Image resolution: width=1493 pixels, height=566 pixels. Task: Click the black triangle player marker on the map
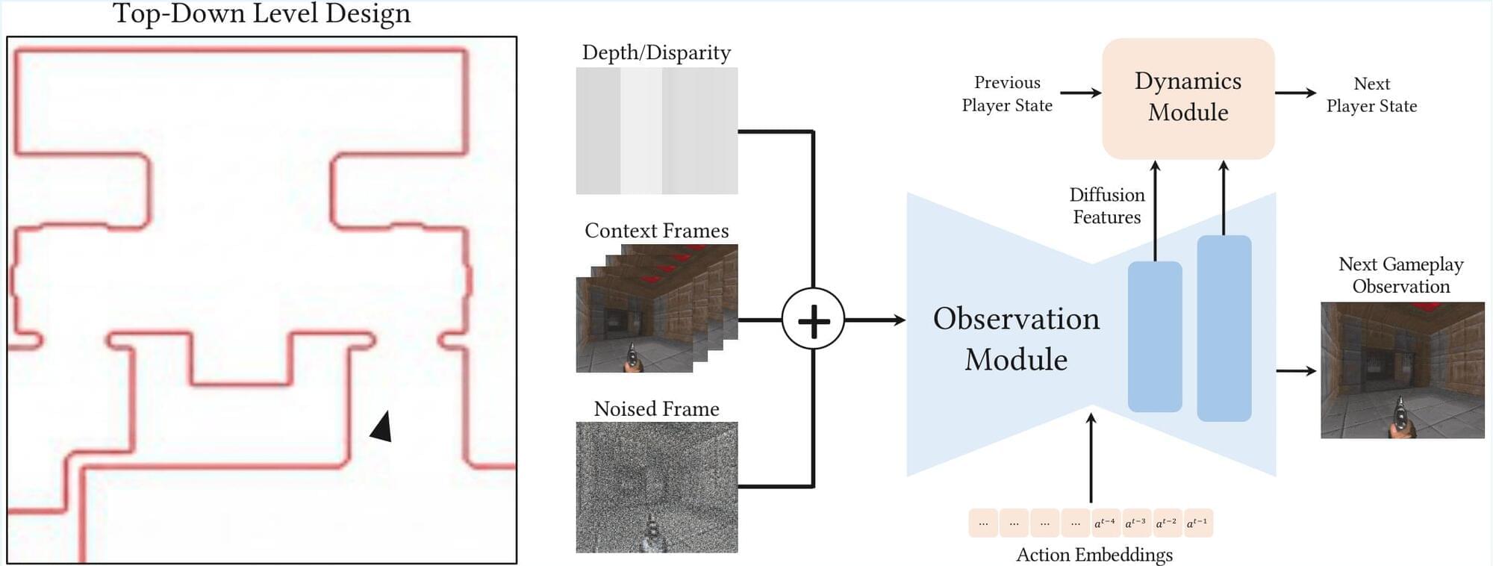tap(382, 427)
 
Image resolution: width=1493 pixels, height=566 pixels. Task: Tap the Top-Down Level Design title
tap(261, 13)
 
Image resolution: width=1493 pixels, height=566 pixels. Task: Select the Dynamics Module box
tap(1188, 97)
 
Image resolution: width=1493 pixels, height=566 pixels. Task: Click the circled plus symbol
tap(813, 320)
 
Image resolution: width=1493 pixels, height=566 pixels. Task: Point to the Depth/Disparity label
tap(656, 52)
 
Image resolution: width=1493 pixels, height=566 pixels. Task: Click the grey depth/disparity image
tap(656, 131)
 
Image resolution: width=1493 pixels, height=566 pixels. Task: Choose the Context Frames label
tap(656, 230)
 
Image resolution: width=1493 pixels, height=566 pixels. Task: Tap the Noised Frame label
tap(656, 408)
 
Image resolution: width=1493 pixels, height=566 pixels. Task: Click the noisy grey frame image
tap(656, 487)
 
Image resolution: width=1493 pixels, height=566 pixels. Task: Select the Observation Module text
tap(1016, 338)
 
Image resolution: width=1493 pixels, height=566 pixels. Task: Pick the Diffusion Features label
tap(1106, 205)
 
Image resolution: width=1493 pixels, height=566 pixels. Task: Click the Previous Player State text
tap(1007, 93)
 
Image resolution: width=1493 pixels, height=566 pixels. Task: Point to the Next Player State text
tap(1371, 94)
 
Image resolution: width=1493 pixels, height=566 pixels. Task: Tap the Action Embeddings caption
tap(1094, 555)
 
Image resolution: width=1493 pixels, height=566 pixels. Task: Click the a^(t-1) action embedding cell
tap(1197, 523)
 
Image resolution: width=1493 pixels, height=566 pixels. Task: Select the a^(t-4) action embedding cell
tap(1105, 523)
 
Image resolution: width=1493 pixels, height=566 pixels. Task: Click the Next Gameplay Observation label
tap(1400, 275)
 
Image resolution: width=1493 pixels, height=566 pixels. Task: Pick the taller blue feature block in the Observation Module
tap(1224, 329)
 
